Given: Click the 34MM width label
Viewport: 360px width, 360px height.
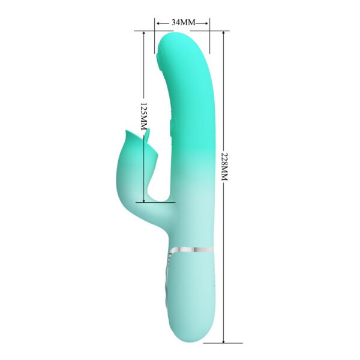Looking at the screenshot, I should (183, 22).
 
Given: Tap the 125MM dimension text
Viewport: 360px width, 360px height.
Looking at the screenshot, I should (144, 118).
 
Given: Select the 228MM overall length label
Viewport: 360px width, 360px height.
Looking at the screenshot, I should (224, 166).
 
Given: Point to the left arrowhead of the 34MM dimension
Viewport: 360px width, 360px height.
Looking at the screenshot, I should (157, 22).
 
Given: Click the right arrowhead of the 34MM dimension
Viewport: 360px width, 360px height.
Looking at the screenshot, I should (208, 22).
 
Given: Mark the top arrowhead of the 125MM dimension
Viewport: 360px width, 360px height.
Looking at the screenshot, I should (144, 34).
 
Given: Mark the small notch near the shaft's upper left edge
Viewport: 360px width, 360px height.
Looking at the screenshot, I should (160, 58).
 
